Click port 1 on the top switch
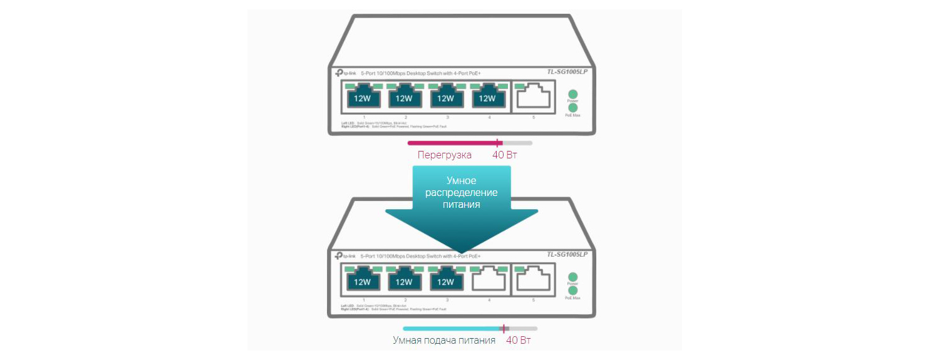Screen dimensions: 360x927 pyautogui.click(x=362, y=97)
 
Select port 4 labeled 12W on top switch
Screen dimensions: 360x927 pyautogui.click(x=487, y=97)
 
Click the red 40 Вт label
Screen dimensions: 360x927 pyautogui.click(x=505, y=155)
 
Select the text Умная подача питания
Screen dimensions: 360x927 pyautogui.click(x=444, y=340)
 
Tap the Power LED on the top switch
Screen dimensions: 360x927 pyautogui.click(x=572, y=94)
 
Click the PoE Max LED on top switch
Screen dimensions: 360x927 pyautogui.click(x=572, y=108)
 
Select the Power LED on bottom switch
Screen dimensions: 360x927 pyautogui.click(x=572, y=277)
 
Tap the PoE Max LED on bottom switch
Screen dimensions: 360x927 pyautogui.click(x=572, y=291)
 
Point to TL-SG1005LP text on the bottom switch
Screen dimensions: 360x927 pyautogui.click(x=567, y=254)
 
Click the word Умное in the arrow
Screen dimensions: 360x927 pyautogui.click(x=461, y=180)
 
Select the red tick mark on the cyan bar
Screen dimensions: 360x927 pyautogui.click(x=504, y=328)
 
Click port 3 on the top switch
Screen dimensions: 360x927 pyautogui.click(x=445, y=97)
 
